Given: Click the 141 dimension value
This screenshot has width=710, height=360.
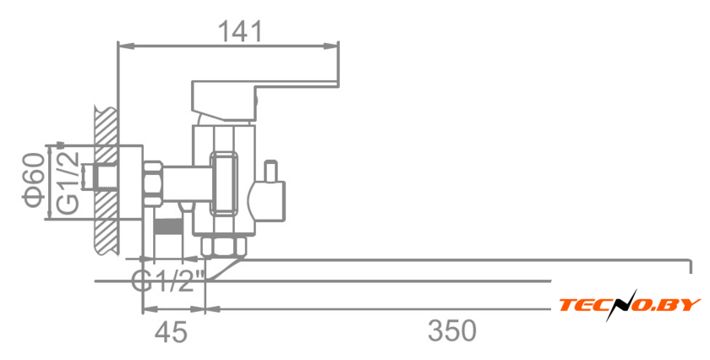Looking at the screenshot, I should [241, 30].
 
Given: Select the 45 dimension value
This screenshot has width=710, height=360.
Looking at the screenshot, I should [172, 331].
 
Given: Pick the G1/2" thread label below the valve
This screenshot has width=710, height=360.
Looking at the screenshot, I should [169, 281].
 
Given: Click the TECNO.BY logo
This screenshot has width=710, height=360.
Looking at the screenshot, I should [630, 305].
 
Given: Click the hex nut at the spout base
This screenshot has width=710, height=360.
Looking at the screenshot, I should [224, 246].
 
